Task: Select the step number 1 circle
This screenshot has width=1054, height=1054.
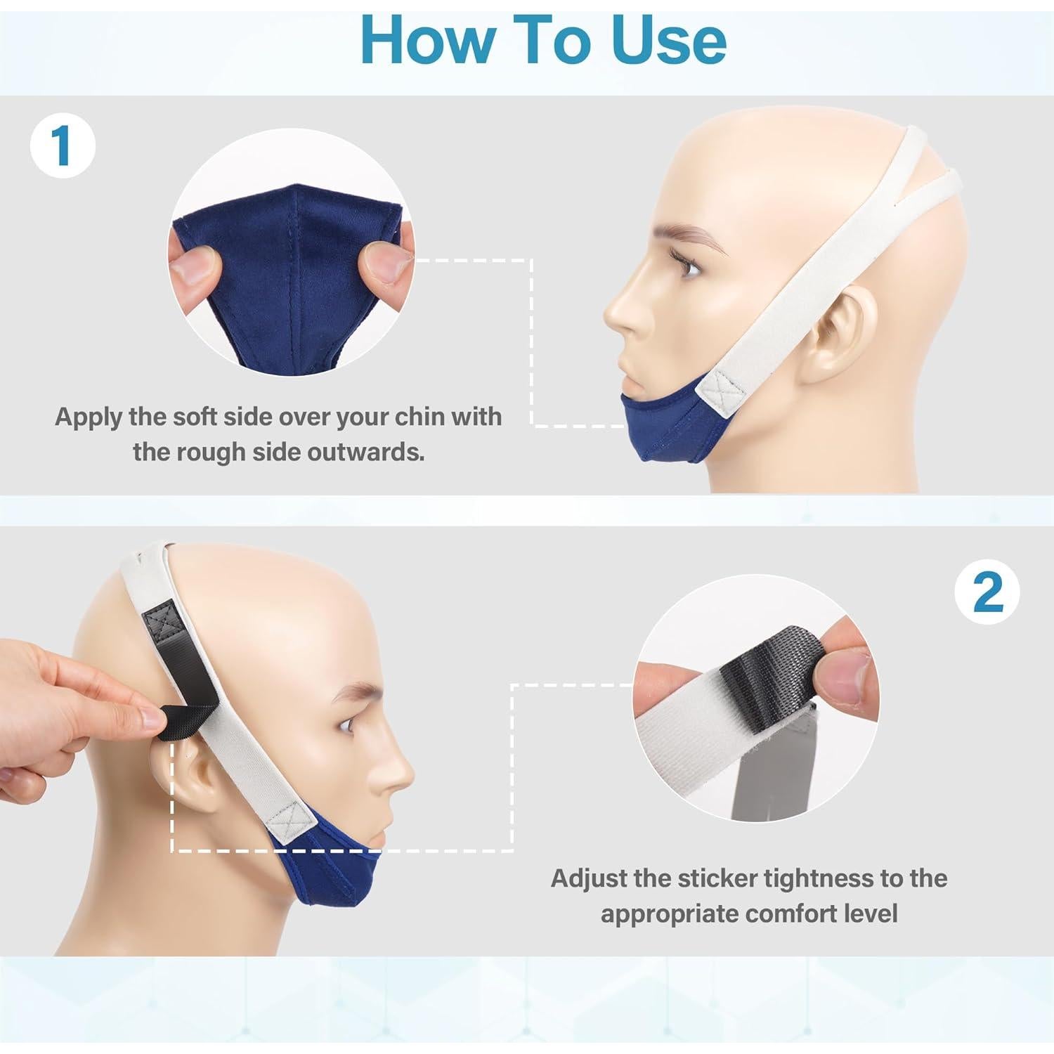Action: pos(62,146)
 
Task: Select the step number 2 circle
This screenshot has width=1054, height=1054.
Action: pos(988,592)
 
